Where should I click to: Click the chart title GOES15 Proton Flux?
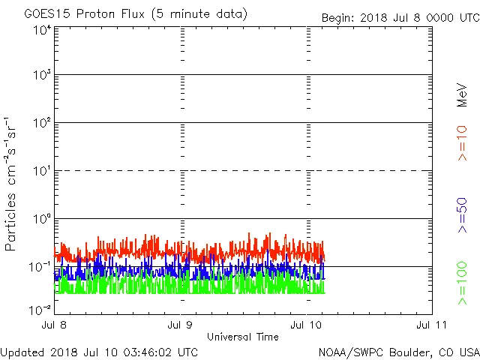(136, 14)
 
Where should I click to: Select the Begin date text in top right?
(400, 17)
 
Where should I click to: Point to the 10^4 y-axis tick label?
(41, 30)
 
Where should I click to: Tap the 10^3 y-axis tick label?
(41, 76)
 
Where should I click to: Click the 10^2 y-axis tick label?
(41, 124)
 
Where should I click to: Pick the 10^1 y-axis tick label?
(41, 172)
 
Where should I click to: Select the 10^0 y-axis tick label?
(41, 220)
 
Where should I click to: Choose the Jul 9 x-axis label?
(181, 325)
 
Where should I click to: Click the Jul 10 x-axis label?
(307, 325)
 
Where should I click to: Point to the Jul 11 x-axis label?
(432, 325)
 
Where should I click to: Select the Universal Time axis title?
(243, 337)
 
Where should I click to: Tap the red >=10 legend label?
(462, 142)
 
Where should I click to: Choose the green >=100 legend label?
(462, 283)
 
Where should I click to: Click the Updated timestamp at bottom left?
(100, 352)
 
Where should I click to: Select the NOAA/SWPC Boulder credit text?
(398, 352)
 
